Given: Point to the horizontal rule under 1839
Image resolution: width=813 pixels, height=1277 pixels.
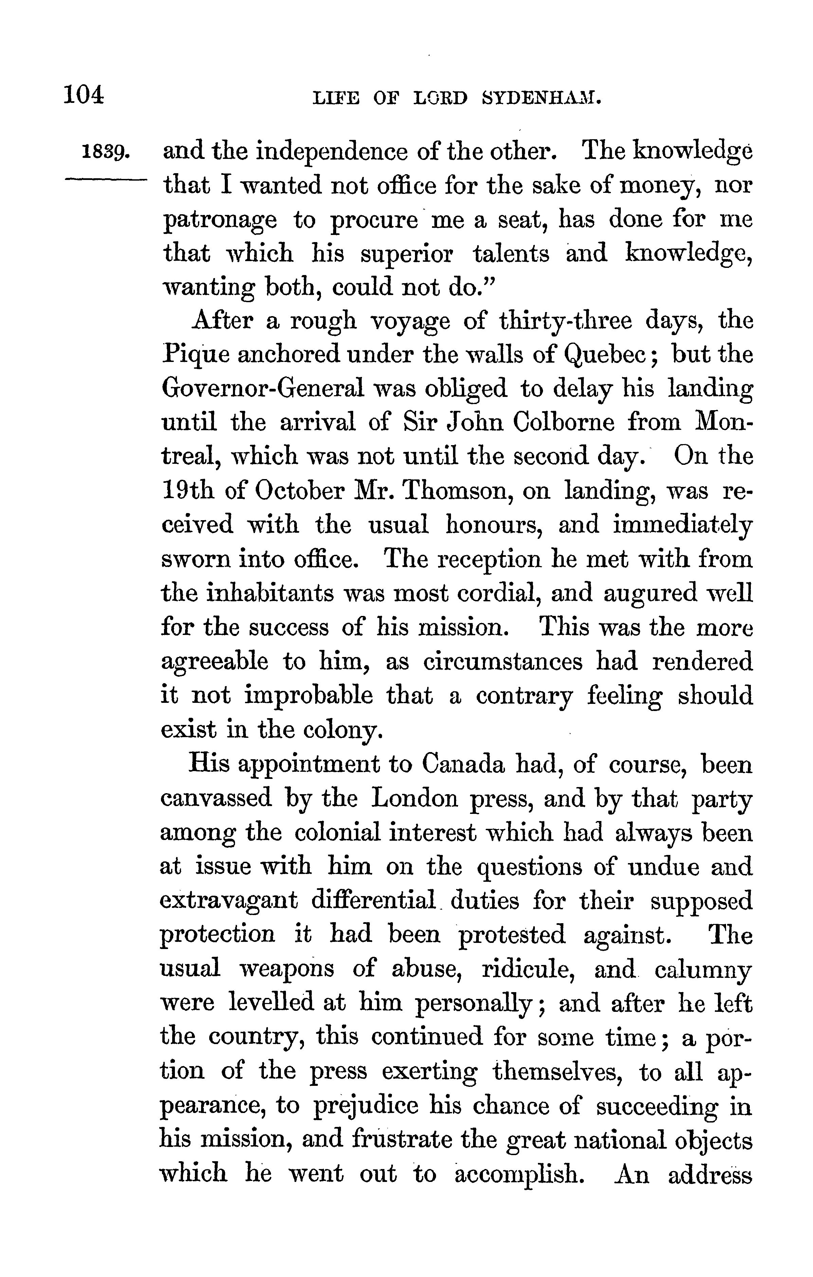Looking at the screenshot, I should pos(105,181).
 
